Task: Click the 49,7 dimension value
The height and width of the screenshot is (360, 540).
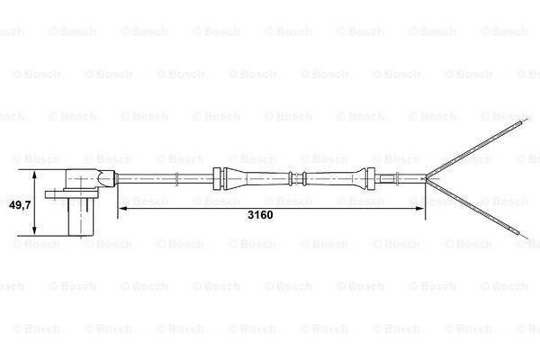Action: coord(20,205)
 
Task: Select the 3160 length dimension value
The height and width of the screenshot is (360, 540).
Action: coord(260,215)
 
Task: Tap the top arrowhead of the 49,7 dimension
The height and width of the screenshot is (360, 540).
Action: coord(34,175)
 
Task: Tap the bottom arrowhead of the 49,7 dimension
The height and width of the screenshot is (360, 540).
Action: coord(34,230)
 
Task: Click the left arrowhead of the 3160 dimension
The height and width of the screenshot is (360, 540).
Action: coord(123,209)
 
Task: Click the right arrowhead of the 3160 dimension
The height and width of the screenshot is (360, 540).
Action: coord(420,209)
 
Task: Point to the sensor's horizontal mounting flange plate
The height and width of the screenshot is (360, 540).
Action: coord(69,194)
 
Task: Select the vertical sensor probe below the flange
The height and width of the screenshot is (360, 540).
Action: coord(81,217)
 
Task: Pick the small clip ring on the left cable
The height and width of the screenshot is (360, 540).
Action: coord(176,178)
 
